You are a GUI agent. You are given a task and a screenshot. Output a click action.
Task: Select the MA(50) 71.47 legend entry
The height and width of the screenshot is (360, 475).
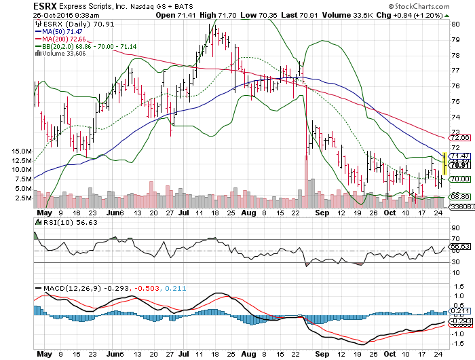coord(61,32)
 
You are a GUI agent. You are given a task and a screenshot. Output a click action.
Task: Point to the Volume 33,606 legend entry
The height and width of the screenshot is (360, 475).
coord(60,52)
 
